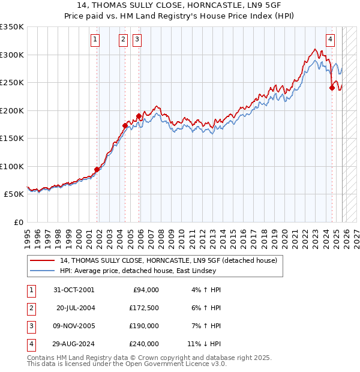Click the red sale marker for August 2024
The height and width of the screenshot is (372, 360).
click(x=332, y=88)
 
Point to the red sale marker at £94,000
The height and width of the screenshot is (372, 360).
click(x=97, y=169)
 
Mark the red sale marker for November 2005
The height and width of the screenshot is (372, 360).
click(x=139, y=116)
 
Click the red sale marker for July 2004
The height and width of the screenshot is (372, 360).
click(x=125, y=125)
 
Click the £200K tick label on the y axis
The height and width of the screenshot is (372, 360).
click(x=12, y=110)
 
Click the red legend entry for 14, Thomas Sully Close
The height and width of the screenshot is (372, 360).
click(x=168, y=260)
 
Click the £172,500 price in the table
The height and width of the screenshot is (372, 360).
click(x=143, y=308)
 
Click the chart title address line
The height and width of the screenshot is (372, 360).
click(x=180, y=5)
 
